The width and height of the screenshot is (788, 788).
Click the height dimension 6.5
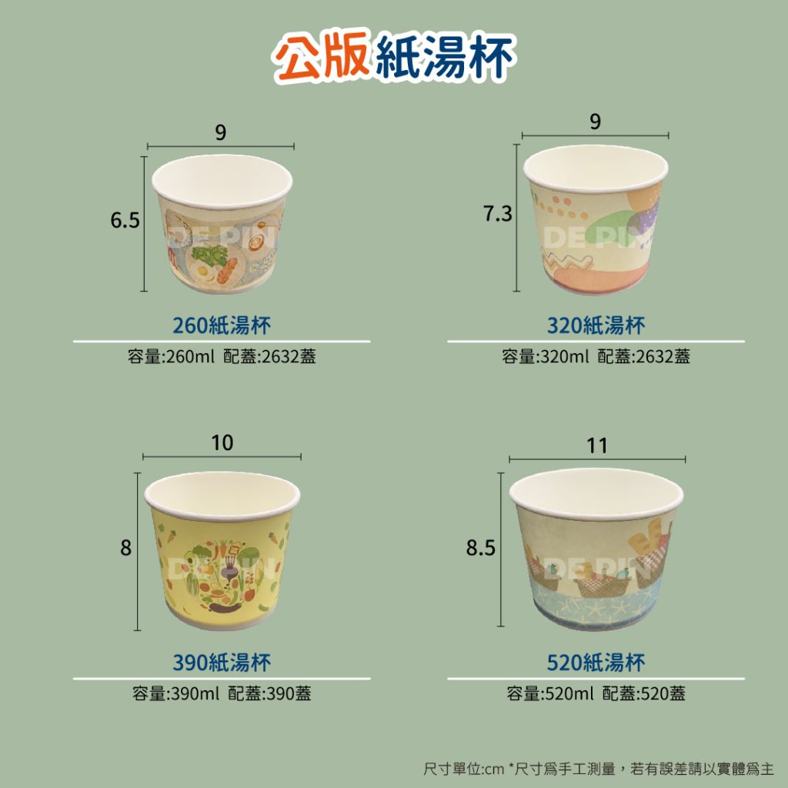(125, 220)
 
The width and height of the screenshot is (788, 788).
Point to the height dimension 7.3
(498, 214)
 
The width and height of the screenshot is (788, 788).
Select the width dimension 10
(222, 442)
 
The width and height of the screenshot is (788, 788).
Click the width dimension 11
(597, 446)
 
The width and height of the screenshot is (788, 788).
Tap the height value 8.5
(480, 548)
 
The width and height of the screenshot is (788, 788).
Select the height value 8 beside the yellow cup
(125, 548)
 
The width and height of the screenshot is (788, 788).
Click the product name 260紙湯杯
(222, 326)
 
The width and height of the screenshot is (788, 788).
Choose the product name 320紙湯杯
(596, 326)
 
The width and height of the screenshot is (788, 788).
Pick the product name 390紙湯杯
(222, 663)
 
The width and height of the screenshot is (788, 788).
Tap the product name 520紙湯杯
(596, 663)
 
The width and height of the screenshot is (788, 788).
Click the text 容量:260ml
(171, 356)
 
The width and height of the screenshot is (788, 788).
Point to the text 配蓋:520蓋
(644, 693)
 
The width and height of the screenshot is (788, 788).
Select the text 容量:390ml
(176, 693)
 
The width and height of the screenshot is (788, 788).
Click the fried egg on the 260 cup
(203, 273)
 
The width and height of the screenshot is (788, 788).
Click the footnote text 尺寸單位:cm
(463, 769)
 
